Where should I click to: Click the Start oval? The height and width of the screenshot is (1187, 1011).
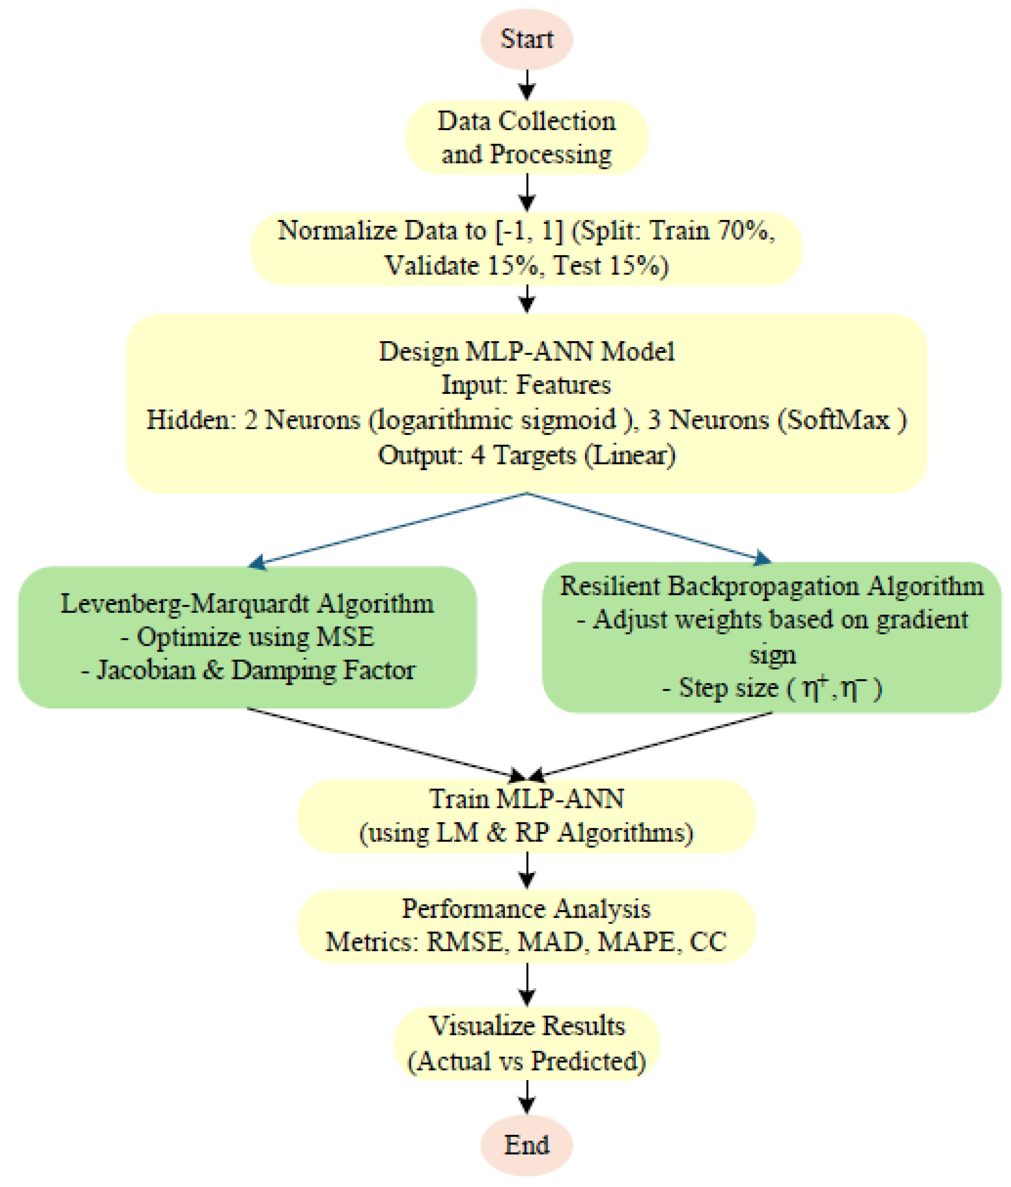pos(526,39)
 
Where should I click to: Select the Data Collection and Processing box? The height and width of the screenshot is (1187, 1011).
pos(526,138)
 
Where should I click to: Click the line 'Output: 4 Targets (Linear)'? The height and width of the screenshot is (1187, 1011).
pos(526,455)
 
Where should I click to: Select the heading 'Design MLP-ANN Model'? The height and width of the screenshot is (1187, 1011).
pos(526,351)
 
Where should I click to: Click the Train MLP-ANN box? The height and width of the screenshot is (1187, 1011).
pos(526,816)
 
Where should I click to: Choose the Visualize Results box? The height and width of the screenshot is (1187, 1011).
pos(526,1044)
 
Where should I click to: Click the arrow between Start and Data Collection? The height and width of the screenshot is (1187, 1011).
pos(526,85)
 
